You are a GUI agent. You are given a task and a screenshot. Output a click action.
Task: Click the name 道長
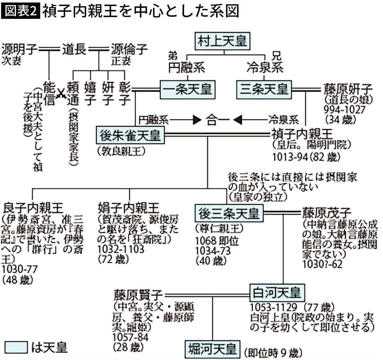tap(74, 49)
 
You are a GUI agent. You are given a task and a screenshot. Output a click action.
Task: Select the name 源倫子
tap(129, 49)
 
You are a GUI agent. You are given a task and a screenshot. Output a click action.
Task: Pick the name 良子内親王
tap(33, 207)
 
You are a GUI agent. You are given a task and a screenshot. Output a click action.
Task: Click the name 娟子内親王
tap(129, 207)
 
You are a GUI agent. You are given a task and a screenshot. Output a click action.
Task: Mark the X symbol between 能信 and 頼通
tap(61, 94)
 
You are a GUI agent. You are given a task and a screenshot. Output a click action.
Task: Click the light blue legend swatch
tap(16, 347)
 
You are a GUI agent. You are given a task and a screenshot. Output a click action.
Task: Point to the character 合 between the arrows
tap(212, 120)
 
